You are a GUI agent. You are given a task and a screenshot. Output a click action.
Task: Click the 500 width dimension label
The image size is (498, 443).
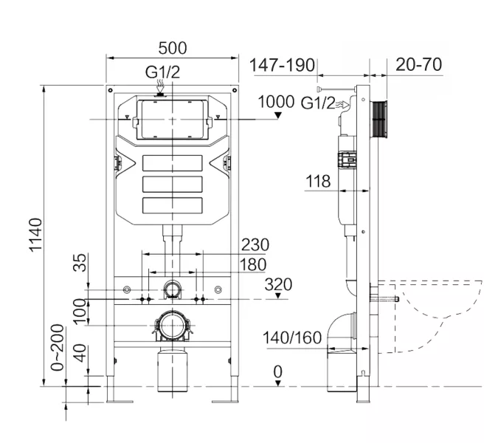(x=171, y=48)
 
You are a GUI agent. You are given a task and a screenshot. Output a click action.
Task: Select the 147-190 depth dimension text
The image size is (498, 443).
(x=280, y=64)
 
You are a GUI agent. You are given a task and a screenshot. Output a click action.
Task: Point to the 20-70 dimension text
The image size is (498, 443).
(x=418, y=64)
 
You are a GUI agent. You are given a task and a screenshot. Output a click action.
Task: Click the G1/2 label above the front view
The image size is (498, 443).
(x=162, y=72)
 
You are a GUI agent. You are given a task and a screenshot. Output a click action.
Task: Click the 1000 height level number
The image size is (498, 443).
(x=276, y=101)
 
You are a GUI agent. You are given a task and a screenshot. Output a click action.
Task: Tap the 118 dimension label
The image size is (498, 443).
(x=318, y=182)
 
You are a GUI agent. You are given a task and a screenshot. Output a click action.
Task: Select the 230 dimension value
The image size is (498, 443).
(x=254, y=244)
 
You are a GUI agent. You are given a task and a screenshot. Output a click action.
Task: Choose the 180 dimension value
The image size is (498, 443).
(x=253, y=264)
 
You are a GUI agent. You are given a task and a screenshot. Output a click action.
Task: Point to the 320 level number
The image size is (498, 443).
(x=278, y=284)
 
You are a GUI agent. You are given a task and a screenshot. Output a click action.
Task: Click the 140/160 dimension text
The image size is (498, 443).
(x=292, y=338)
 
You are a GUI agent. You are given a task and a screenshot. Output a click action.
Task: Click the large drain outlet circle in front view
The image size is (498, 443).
(x=171, y=325)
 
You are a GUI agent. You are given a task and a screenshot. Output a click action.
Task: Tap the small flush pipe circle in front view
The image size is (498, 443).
(x=171, y=289)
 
